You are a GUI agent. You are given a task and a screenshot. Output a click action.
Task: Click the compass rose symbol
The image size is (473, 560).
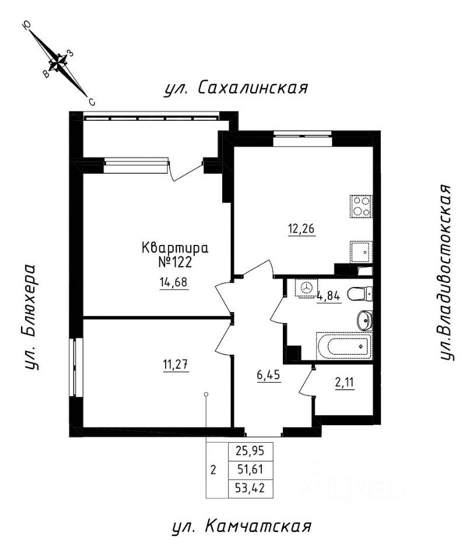59,62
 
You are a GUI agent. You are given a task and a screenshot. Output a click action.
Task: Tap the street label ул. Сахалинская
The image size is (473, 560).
236,89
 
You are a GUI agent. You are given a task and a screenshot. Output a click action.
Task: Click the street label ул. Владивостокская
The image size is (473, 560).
447,273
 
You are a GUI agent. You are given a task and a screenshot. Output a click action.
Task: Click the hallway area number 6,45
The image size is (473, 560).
269,374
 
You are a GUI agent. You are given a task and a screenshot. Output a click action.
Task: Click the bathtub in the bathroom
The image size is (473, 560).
344,346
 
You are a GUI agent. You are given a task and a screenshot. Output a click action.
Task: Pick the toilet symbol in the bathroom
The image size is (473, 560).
360,294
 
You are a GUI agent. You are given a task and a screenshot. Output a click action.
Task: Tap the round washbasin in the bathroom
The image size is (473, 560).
365,319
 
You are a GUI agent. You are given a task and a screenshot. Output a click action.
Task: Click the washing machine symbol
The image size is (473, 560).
306,289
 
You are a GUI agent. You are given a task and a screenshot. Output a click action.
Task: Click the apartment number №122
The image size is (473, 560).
176,262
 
